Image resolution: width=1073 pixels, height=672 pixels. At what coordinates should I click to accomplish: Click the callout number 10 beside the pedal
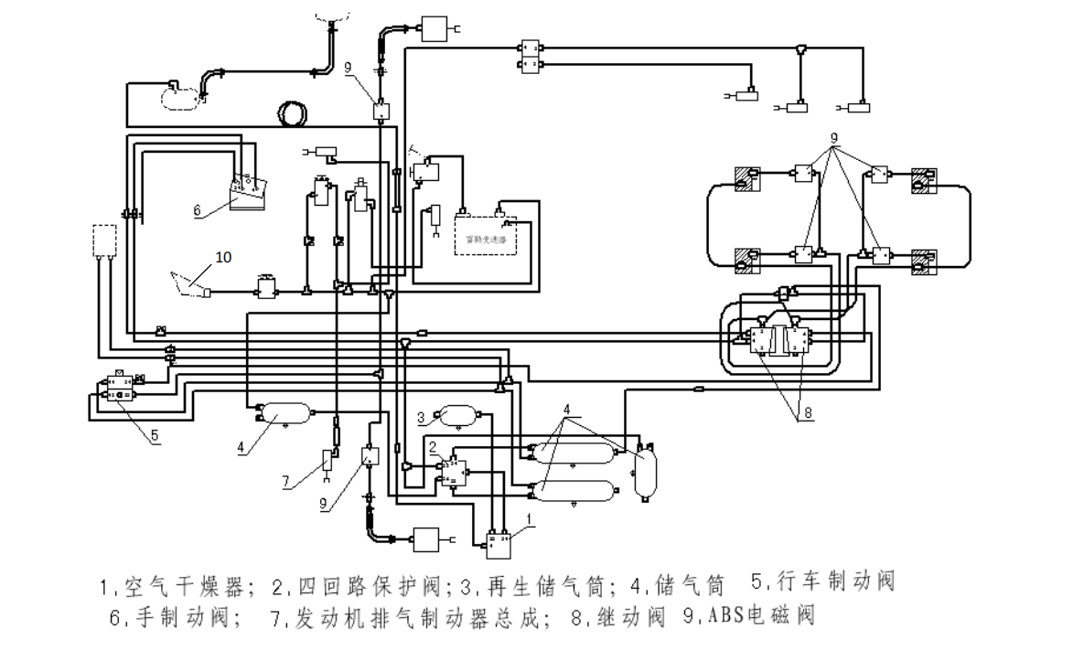click(x=223, y=257)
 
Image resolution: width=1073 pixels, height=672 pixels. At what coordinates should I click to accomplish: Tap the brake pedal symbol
click(x=189, y=282)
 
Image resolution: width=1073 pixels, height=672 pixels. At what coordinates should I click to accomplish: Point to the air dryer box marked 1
click(x=497, y=543)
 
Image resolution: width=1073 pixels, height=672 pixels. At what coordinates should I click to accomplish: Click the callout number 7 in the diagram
click(x=287, y=481)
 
